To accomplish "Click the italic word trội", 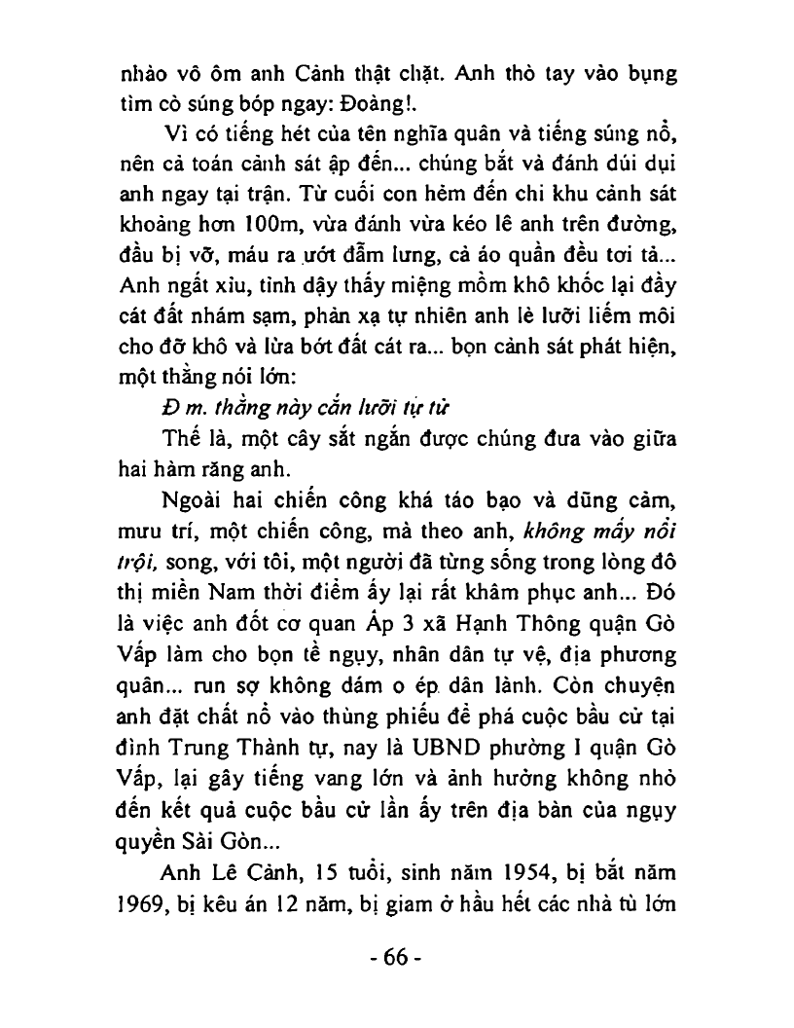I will click(138, 559).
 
